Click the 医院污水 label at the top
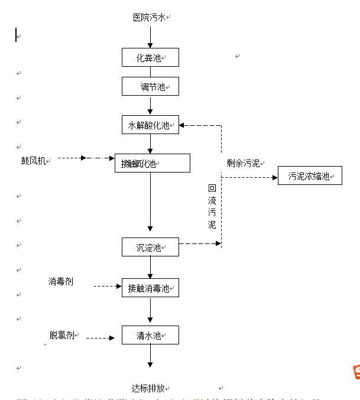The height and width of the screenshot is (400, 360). (149, 18)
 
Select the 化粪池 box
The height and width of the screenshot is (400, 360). (150, 57)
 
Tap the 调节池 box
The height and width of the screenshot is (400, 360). (150, 87)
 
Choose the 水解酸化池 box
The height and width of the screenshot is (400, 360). (150, 125)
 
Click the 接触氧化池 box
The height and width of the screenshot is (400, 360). (152, 163)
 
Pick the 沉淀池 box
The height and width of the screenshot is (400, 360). (150, 247)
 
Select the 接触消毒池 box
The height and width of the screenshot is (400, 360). (150, 288)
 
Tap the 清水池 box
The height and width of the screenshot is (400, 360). (150, 335)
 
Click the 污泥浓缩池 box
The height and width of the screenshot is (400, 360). (310, 175)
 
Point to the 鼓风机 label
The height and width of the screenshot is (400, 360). (33, 161)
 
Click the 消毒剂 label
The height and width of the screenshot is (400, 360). (61, 282)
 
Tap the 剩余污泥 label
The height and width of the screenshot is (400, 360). (243, 163)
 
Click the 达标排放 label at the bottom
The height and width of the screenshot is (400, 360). (148, 388)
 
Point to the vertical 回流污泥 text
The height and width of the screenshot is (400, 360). (212, 206)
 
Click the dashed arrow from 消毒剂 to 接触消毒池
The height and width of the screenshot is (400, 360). (107, 286)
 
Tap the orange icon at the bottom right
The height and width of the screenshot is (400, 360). (356, 372)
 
